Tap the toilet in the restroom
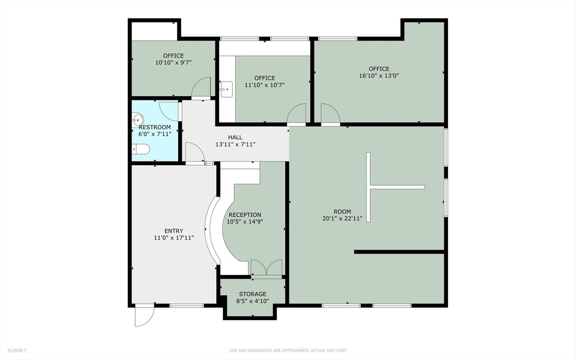point(140,149)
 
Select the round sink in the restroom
point(138,119)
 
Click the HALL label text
point(235,137)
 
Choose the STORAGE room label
point(252,294)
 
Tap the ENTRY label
point(173,231)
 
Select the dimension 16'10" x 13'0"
point(379,76)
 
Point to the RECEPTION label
point(245,215)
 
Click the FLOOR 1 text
point(17,350)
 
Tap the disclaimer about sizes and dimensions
point(288,350)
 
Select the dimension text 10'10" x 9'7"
point(173,62)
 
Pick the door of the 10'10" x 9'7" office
point(201,90)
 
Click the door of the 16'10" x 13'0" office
point(331,114)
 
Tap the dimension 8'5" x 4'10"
point(252,301)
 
